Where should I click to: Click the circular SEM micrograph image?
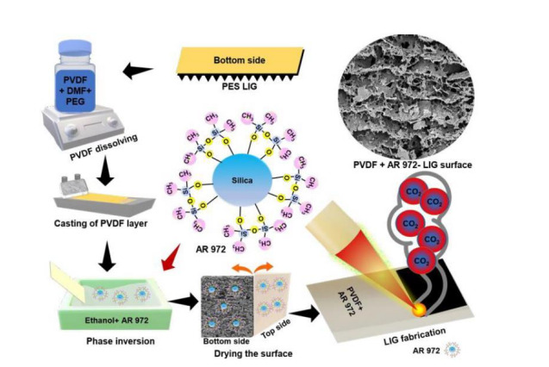coord(402,91)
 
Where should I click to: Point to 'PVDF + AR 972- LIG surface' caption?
coord(404,164)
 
